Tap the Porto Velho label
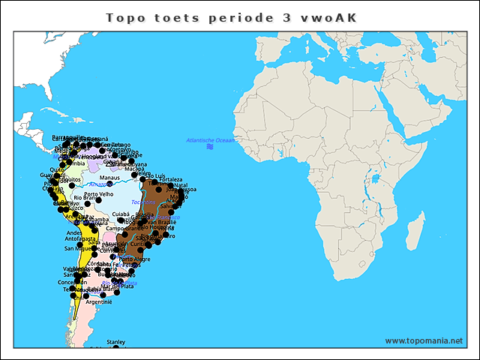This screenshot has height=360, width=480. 99,194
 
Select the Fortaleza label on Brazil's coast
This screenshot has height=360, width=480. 170,180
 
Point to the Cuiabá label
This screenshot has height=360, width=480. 120,214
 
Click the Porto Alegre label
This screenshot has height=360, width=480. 134,259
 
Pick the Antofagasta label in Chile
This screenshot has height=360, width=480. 82,240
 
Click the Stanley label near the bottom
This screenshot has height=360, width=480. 115,342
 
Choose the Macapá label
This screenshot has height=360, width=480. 134,169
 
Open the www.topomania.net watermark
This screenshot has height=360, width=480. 424,340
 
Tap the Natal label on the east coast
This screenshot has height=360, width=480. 181,184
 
